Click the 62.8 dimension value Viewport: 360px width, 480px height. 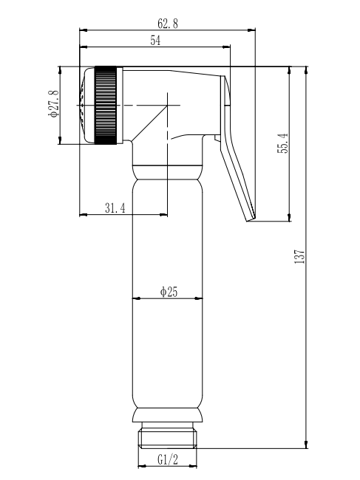[x=168, y=24]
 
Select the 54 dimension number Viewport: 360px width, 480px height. [x=155, y=41]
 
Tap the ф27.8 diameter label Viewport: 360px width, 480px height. [x=52, y=103]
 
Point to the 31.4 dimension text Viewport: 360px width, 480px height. [x=115, y=208]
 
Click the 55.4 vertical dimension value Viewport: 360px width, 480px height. [x=283, y=143]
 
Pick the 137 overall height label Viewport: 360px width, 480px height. [x=299, y=256]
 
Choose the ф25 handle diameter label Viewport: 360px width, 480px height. [x=169, y=292]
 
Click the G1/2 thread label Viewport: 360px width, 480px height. [x=168, y=459]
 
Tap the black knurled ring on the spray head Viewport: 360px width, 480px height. [x=106, y=105]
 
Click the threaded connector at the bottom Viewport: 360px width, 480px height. [x=168, y=435]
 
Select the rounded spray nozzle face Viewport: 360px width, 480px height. [x=87, y=105]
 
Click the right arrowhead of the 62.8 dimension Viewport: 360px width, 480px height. [x=251, y=30]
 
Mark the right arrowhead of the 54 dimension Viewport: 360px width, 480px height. [x=226, y=47]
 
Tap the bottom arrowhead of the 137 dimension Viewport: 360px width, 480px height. [x=306, y=445]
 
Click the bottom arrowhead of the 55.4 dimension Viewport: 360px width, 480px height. [x=289, y=217]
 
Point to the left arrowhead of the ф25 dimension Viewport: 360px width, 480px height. [x=136, y=298]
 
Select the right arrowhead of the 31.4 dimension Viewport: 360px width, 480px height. [x=163, y=215]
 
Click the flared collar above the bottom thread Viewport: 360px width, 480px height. [x=168, y=415]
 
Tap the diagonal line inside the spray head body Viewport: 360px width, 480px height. [x=150, y=123]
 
